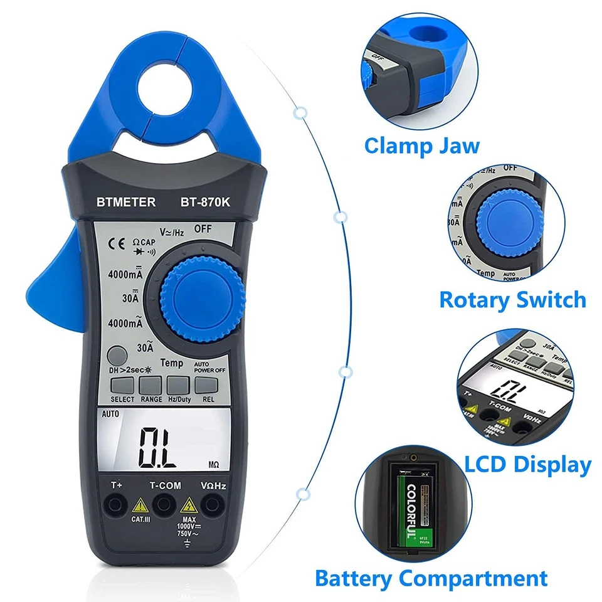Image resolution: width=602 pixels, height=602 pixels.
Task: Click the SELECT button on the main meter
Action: click(122, 385)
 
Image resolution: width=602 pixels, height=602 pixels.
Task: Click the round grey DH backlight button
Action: click(116, 356)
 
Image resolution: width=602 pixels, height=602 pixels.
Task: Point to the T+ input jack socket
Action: click(115, 502)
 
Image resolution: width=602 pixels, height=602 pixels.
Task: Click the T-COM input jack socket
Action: click(164, 502)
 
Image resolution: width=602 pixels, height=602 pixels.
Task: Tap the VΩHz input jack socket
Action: click(213, 502)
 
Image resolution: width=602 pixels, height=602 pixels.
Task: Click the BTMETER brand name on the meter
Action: click(126, 203)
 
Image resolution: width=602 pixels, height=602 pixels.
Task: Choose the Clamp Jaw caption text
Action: click(421, 146)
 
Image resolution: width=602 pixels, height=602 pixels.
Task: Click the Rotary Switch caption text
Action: click(512, 299)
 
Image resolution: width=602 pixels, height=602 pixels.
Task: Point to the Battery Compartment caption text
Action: click(431, 578)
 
